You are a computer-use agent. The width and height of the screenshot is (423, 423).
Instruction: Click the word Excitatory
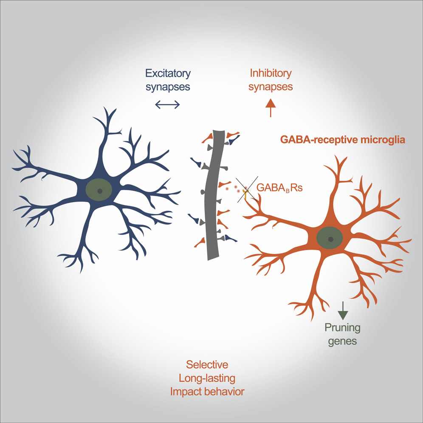click(x=168, y=73)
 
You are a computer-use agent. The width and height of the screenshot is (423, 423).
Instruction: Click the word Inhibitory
click(x=270, y=73)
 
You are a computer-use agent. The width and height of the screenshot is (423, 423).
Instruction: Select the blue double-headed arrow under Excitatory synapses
click(x=168, y=104)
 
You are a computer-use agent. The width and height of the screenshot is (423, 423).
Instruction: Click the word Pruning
click(x=342, y=327)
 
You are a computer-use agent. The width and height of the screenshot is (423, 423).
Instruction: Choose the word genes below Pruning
click(x=342, y=341)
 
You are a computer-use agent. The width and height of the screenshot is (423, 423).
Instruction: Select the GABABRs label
click(x=279, y=187)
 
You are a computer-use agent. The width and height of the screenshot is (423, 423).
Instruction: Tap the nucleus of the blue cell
click(x=99, y=191)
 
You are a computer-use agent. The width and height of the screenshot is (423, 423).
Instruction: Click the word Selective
click(x=207, y=364)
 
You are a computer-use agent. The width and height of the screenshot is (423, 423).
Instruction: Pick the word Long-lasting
click(x=207, y=378)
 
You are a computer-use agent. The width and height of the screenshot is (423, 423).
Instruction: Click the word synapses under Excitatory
click(x=168, y=87)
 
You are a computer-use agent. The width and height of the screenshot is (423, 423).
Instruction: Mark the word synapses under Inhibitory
click(x=270, y=87)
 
